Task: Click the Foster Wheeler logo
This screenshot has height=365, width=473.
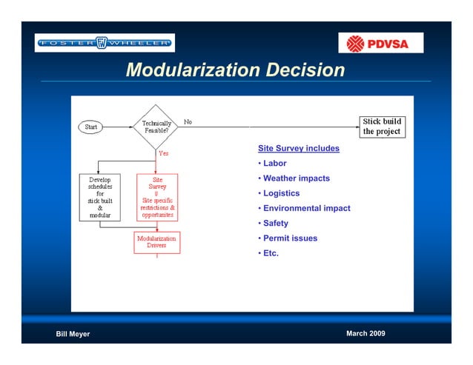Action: (105, 43)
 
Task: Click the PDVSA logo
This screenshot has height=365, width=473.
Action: (380, 43)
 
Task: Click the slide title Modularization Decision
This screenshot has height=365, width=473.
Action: (235, 70)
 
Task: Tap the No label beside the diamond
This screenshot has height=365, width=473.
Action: (188, 121)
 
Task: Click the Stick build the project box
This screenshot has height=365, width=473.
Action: (382, 127)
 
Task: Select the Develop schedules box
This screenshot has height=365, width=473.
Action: (100, 197)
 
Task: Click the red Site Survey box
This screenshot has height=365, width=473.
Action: (157, 197)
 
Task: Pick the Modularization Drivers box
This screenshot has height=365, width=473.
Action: (156, 242)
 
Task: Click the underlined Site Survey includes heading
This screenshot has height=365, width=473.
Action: (298, 149)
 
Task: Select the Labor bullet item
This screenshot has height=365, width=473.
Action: (274, 164)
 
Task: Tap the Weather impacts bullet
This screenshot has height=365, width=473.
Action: (296, 178)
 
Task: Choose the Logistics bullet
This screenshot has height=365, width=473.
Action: (281, 193)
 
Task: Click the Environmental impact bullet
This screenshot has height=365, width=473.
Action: (306, 208)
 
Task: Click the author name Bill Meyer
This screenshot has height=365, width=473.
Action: (73, 334)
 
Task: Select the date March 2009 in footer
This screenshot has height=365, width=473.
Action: (365, 333)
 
